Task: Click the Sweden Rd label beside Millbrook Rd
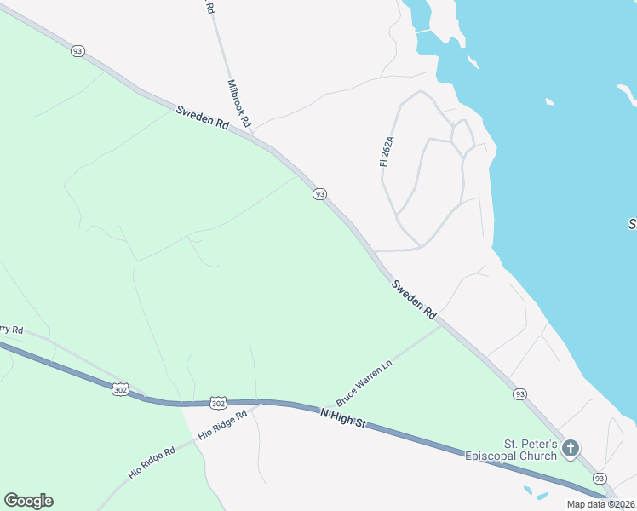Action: click(203, 117)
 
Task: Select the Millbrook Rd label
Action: click(239, 105)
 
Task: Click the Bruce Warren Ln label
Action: click(364, 382)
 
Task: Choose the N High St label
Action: click(342, 417)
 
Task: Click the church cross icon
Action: click(571, 448)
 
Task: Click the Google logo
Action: click(28, 501)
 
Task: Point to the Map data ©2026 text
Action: click(600, 504)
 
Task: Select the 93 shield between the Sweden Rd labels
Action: click(319, 194)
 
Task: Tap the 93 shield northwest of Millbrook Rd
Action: click(78, 52)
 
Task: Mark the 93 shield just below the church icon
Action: click(600, 478)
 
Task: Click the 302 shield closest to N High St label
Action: click(218, 402)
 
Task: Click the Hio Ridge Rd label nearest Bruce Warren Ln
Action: click(222, 424)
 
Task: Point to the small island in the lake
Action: click(550, 102)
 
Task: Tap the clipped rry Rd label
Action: click(11, 330)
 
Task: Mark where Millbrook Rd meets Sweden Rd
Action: click(254, 134)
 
